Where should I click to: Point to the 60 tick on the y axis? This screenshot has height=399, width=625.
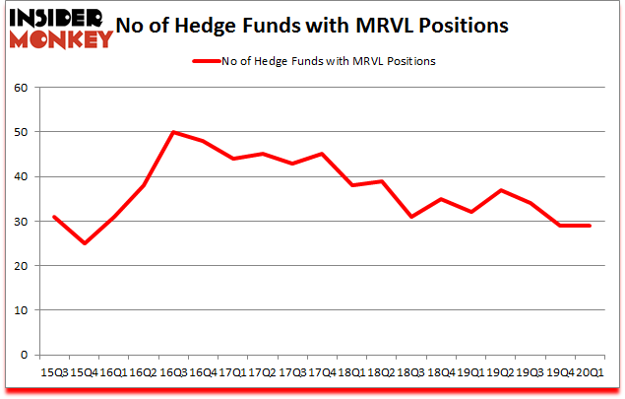(x=21, y=88)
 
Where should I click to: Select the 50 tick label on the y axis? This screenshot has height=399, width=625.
(x=21, y=132)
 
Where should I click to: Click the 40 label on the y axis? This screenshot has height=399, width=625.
(x=21, y=176)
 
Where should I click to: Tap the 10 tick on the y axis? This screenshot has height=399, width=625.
(x=21, y=310)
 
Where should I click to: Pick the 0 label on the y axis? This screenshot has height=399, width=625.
(x=24, y=355)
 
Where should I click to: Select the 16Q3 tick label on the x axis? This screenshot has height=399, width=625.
(x=172, y=373)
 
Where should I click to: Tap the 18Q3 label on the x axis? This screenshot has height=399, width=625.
(x=411, y=373)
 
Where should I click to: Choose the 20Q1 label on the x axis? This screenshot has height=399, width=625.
(x=591, y=373)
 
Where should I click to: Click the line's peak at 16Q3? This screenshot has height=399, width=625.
(x=173, y=132)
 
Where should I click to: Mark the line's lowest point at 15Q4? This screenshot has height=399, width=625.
(x=84, y=243)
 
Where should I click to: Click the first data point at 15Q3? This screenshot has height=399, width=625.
(x=54, y=217)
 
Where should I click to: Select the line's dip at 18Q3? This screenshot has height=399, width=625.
(x=411, y=217)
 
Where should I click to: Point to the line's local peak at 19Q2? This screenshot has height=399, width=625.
(x=501, y=190)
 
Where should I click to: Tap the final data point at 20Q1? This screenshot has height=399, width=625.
(x=591, y=226)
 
